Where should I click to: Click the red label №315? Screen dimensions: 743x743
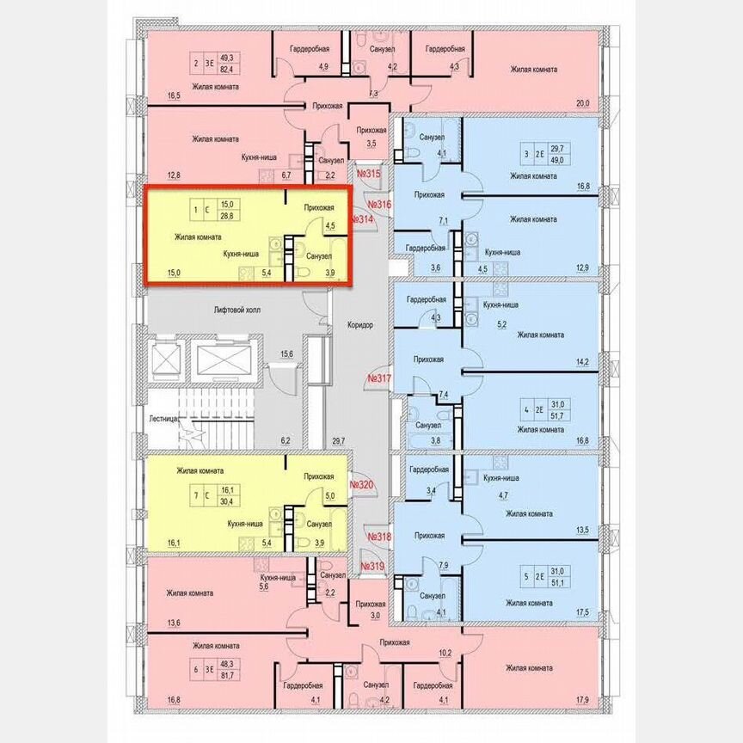368,175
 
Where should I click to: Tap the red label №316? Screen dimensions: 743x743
379,205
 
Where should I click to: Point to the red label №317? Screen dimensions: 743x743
378,378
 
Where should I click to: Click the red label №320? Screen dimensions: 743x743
362,485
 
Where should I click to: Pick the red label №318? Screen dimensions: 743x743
378,537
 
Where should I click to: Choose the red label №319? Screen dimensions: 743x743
371,567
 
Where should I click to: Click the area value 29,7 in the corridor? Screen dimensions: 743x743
338,441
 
